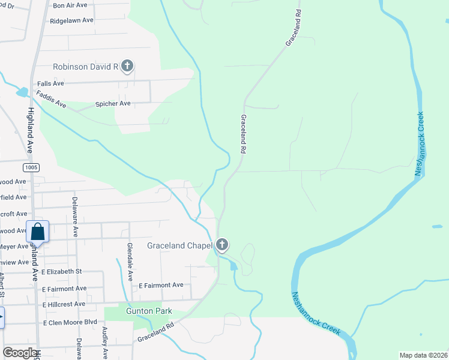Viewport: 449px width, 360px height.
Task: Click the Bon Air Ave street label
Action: point(70,5)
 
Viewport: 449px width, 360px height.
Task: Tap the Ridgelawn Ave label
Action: point(72,20)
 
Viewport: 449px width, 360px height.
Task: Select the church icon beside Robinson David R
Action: point(127,66)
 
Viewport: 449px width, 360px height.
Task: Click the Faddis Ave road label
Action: point(51,98)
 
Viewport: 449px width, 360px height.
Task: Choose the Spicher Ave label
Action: point(113,104)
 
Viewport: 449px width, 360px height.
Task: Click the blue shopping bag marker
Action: point(37,232)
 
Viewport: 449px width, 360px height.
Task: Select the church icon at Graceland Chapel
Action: point(222,244)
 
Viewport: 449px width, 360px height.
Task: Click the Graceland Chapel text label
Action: point(180,245)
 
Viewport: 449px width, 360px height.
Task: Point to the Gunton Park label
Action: point(149,311)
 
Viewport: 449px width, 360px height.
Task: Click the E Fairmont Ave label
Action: point(161,285)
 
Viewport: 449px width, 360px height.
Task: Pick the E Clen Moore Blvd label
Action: point(70,322)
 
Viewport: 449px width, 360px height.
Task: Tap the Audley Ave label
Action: point(104,339)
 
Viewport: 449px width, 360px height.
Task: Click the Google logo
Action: point(20,353)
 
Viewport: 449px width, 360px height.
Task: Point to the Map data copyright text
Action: point(423,355)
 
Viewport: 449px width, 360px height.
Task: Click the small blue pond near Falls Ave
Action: point(22,92)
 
